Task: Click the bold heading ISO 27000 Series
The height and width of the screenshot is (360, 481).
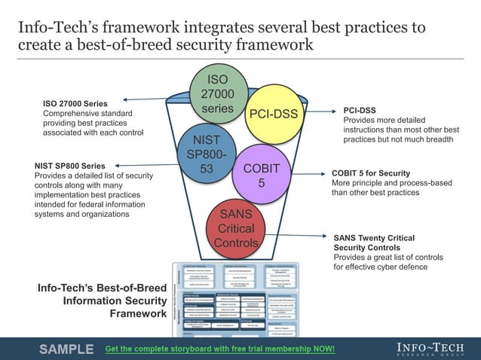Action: (75, 103)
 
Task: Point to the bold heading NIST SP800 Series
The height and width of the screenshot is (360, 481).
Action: (70, 166)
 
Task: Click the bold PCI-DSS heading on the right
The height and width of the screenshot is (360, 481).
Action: (360, 110)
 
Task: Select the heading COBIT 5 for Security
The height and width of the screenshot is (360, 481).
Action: (371, 173)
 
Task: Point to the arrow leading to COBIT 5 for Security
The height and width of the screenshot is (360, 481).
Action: (308, 172)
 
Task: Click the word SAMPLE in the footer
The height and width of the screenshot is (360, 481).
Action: (66, 349)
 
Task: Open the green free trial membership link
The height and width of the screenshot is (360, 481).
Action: (219, 349)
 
